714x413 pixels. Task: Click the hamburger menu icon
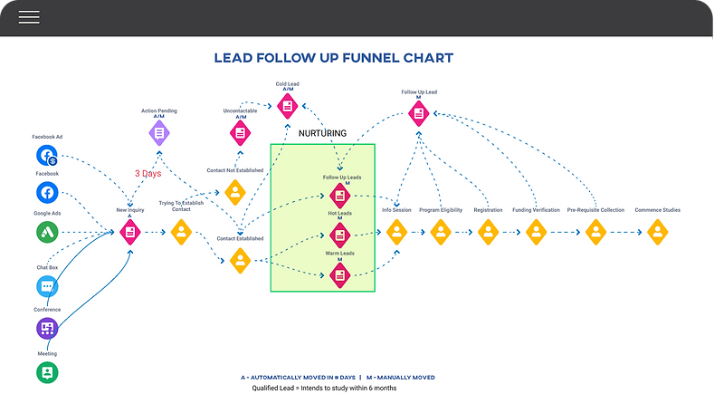pos(29,17)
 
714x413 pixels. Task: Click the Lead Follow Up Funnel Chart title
pos(333,59)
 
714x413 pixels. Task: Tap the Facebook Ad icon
pos(48,155)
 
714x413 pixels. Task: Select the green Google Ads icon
pos(48,232)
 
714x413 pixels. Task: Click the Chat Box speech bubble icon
pos(48,287)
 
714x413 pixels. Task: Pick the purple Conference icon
pos(48,329)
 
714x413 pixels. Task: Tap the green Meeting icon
pos(48,371)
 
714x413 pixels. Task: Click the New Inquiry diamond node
pos(131,232)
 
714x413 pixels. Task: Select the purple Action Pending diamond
pos(159,133)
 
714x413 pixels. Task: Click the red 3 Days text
pos(149,173)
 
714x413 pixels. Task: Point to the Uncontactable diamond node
pos(241,133)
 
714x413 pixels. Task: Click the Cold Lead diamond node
pos(287,106)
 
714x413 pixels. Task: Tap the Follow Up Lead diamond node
pos(418,112)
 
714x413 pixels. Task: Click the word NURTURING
pos(322,133)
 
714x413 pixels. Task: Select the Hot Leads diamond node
pos(340,235)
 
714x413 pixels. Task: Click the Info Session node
pos(396,232)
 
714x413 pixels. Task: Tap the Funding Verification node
pos(536,232)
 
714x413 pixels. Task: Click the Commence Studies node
pos(656,232)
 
